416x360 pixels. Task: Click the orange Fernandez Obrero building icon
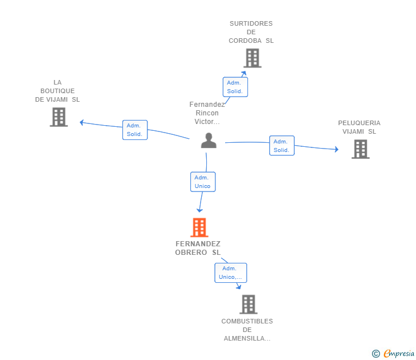click(x=199, y=227)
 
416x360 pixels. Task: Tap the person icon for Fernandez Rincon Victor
click(x=209, y=141)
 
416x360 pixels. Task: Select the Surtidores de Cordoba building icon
click(x=252, y=58)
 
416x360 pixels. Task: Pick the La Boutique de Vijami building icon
click(x=58, y=117)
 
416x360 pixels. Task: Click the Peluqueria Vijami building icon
click(x=360, y=149)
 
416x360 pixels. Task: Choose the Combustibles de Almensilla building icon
click(x=248, y=304)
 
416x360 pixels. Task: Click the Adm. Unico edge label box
click(x=202, y=182)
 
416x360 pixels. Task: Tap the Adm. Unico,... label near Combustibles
click(x=230, y=273)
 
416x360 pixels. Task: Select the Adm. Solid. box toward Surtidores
click(x=235, y=87)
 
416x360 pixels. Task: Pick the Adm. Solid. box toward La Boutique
click(x=135, y=130)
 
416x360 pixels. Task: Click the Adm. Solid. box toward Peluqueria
click(x=282, y=146)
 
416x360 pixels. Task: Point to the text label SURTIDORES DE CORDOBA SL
click(x=251, y=32)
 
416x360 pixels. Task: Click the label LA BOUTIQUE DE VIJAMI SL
click(x=58, y=91)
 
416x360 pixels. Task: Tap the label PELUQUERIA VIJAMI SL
click(x=359, y=127)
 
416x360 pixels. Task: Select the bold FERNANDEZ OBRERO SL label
click(x=198, y=248)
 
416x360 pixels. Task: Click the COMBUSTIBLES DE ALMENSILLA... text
click(x=247, y=330)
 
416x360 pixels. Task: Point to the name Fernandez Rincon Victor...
click(x=207, y=113)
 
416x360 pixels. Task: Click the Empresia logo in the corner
click(x=393, y=354)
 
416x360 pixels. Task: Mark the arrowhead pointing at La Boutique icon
click(x=82, y=122)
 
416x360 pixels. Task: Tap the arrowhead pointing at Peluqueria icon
click(x=336, y=150)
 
